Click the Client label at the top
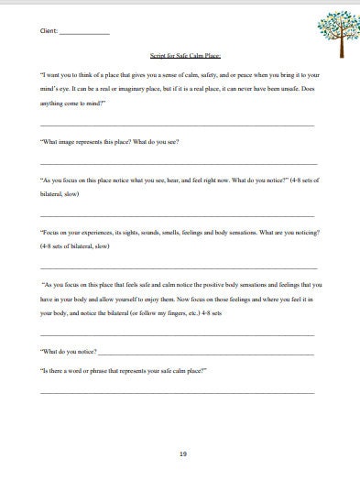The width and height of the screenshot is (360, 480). point(49,30)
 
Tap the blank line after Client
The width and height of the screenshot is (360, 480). point(83,33)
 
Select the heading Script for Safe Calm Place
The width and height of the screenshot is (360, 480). point(180,56)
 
